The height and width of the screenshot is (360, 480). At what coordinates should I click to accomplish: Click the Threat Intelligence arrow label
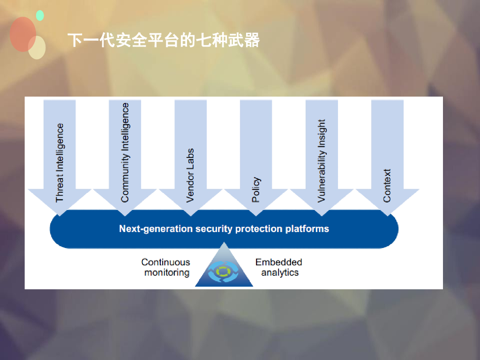click(60, 163)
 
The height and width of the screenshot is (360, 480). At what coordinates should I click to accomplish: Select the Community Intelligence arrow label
click(125, 153)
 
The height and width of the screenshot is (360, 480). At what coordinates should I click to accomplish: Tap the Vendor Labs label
click(190, 175)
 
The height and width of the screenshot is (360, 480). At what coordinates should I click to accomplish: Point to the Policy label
click(256, 189)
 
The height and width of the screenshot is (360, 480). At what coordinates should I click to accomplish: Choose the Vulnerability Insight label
click(321, 161)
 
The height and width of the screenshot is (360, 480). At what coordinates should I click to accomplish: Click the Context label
click(387, 186)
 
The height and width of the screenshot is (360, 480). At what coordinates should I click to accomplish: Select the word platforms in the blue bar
click(307, 229)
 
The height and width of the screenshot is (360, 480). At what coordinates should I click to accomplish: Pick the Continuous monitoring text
click(166, 267)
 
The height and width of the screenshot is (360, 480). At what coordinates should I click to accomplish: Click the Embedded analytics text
click(279, 267)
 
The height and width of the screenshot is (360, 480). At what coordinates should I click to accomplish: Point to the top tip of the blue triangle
click(224, 243)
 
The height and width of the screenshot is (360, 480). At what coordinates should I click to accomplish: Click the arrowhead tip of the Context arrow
click(387, 215)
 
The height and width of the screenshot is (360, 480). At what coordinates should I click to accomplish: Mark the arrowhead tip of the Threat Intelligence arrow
click(60, 215)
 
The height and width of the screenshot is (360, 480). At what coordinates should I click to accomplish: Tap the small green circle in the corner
click(40, 15)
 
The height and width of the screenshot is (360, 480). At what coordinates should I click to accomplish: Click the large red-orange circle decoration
click(22, 34)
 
